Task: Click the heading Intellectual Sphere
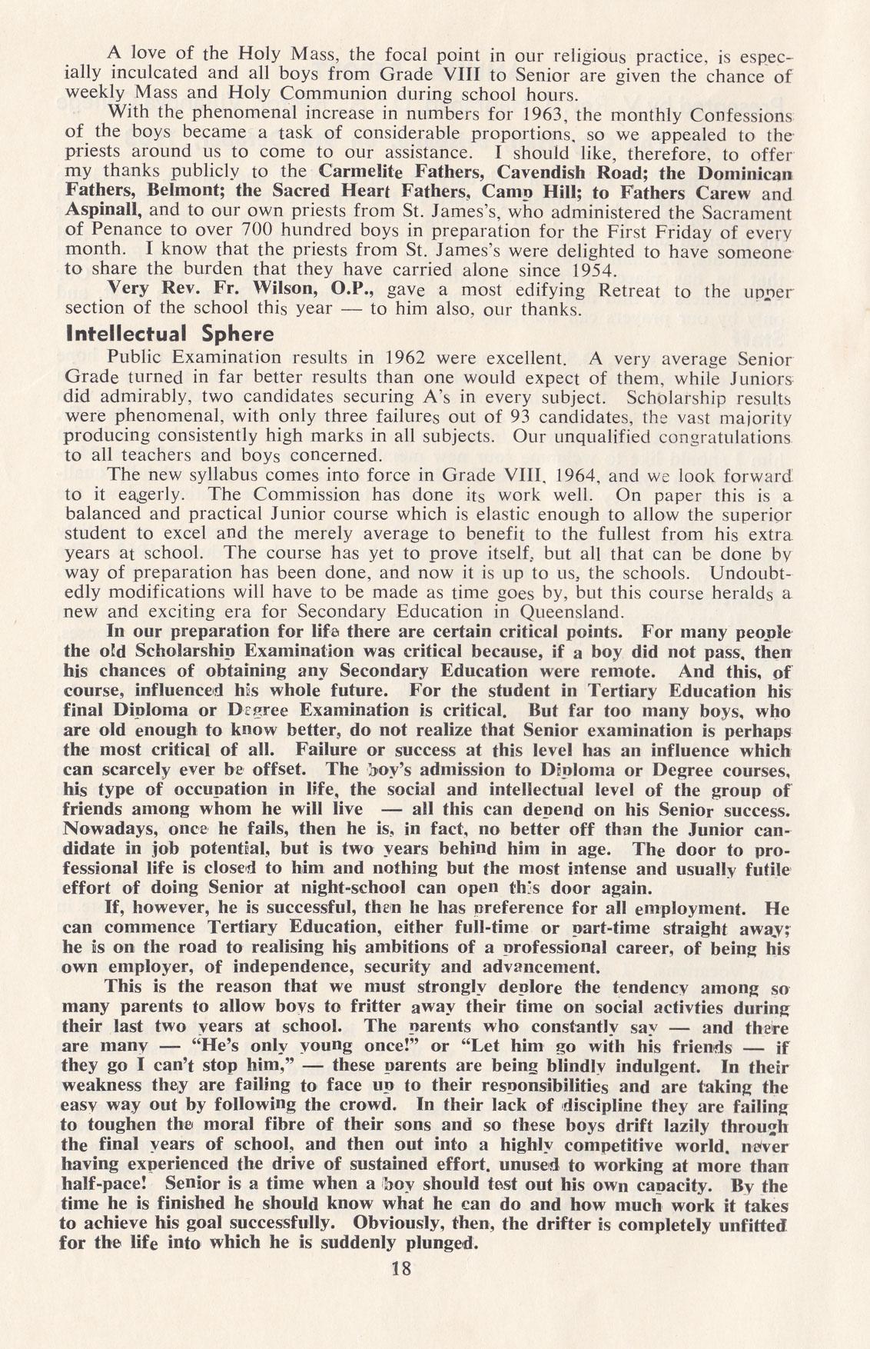point(170,335)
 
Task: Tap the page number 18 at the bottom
point(401,1269)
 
